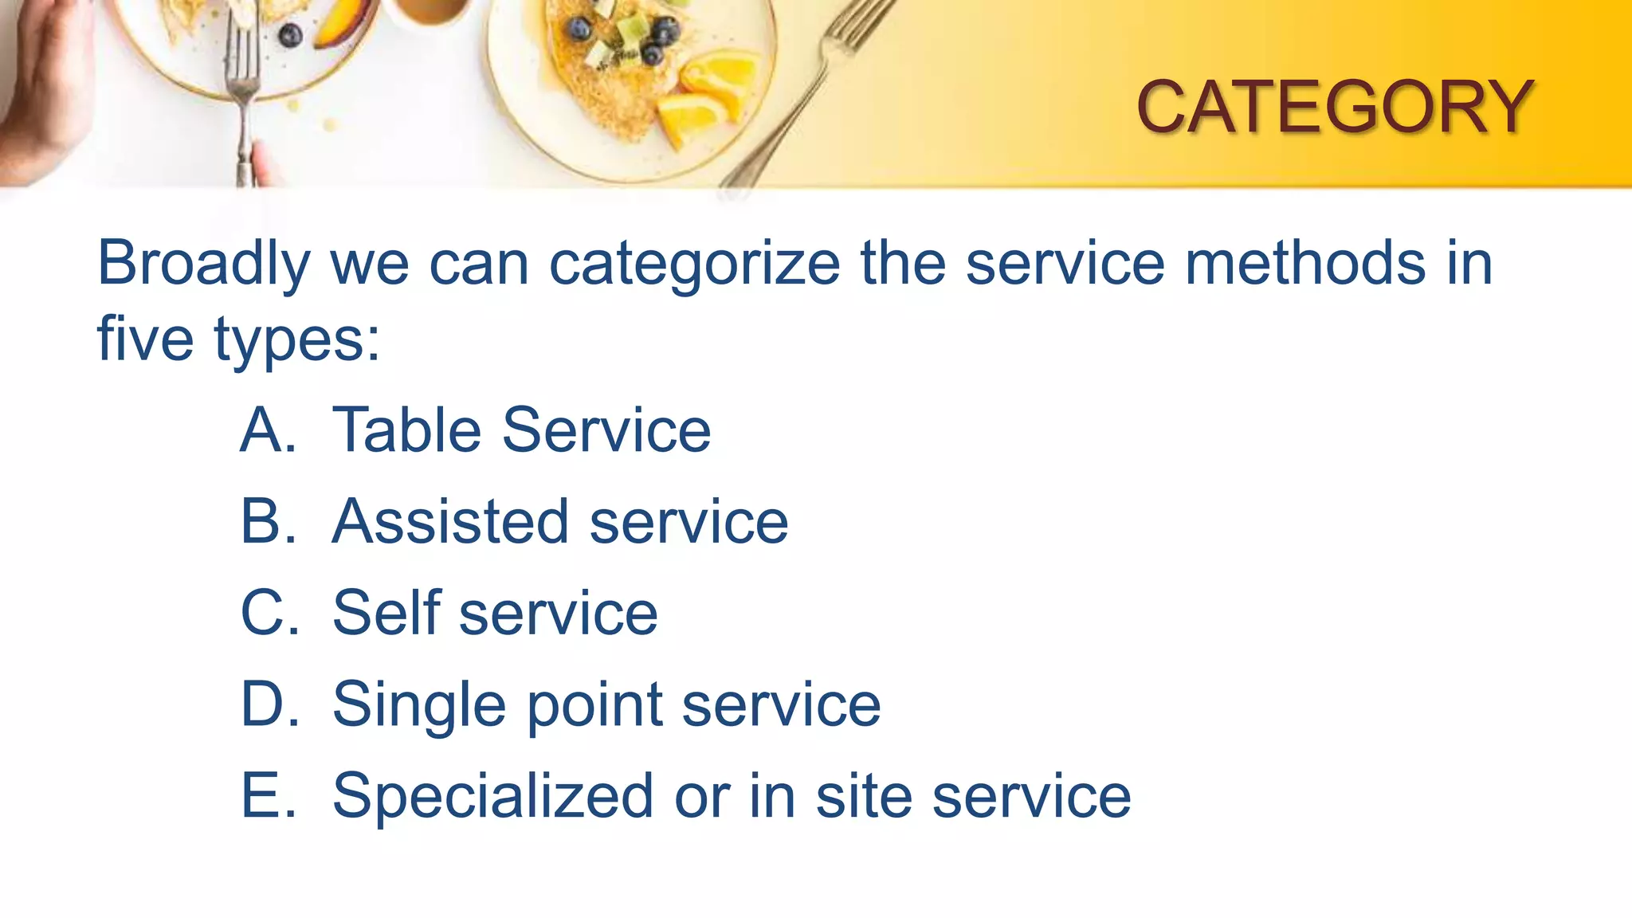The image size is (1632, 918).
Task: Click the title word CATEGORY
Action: (x=1334, y=107)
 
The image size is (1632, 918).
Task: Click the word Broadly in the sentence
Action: (x=203, y=264)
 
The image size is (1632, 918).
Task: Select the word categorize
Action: (x=694, y=264)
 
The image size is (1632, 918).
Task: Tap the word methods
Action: (x=1305, y=262)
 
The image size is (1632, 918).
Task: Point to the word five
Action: (x=145, y=338)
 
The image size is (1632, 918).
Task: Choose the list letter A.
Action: (x=268, y=430)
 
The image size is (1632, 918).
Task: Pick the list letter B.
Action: (x=268, y=522)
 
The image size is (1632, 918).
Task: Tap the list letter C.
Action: (x=269, y=613)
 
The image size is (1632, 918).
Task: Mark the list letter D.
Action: (x=269, y=704)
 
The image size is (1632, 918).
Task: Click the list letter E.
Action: (x=268, y=795)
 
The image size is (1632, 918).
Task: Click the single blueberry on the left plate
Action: (x=290, y=35)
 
